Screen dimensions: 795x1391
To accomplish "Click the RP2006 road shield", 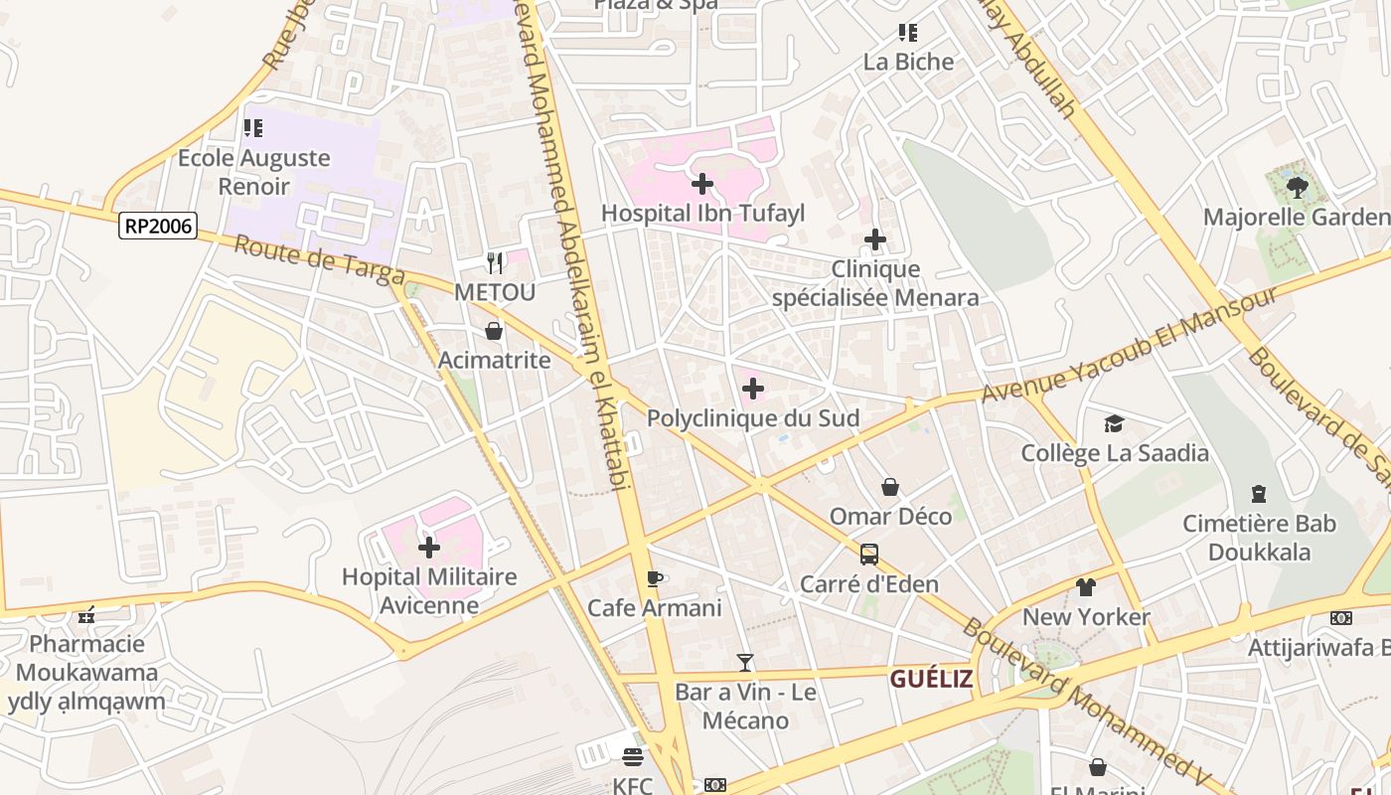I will click(x=158, y=226).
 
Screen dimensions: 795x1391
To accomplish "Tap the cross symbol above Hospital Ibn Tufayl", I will click(x=702, y=184).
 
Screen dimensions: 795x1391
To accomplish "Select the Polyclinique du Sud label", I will click(x=752, y=418).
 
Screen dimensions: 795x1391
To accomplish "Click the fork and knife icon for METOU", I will click(x=495, y=263).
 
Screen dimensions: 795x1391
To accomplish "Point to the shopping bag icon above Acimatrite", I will click(x=494, y=331).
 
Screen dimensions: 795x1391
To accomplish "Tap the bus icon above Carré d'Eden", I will click(x=869, y=555).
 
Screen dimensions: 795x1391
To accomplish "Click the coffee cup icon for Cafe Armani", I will click(x=654, y=578).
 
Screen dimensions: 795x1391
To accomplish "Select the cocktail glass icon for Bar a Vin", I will click(x=745, y=663).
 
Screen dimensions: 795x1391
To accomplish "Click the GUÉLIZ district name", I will click(x=931, y=679).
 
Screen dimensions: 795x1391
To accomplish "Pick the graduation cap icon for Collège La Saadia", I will click(x=1114, y=424).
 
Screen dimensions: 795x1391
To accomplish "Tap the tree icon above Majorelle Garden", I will click(x=1297, y=187).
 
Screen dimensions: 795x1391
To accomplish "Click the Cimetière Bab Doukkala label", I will click(x=1259, y=538).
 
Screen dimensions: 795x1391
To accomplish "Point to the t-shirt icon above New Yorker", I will click(x=1086, y=587).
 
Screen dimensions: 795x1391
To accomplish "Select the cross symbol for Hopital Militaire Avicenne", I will click(x=429, y=548).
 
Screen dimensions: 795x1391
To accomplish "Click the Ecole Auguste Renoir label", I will click(x=253, y=172).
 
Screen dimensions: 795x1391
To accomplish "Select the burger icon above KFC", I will click(x=633, y=757).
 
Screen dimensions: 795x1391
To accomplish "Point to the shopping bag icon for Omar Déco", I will click(x=890, y=487).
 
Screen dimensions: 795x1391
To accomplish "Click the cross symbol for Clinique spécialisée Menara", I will click(x=875, y=239).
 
